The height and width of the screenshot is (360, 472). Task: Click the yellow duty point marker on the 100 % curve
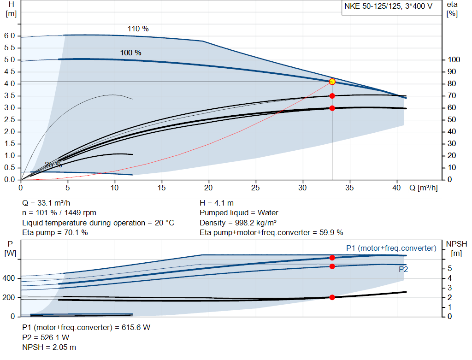332,82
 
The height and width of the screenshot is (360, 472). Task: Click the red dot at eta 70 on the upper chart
332,96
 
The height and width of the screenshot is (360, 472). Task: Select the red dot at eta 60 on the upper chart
332,108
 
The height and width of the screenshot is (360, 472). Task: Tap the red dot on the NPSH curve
332,297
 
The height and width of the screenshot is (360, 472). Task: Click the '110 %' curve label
138,29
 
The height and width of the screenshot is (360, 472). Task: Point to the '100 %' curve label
130,53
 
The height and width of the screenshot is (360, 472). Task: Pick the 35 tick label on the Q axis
350,188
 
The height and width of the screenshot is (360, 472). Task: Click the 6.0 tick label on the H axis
10,36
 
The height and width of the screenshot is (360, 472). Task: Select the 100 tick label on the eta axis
454,60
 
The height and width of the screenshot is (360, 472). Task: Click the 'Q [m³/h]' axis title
424,188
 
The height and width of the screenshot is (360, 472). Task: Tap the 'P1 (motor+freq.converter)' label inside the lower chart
391,248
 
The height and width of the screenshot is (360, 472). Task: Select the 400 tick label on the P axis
9,278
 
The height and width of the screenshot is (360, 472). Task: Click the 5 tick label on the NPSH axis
449,269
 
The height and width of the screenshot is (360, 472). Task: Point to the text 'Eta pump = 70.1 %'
55,233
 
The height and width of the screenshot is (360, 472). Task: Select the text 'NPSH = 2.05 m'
49,348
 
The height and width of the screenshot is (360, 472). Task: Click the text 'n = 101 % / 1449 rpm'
59,213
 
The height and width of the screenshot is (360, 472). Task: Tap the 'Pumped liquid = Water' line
239,213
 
